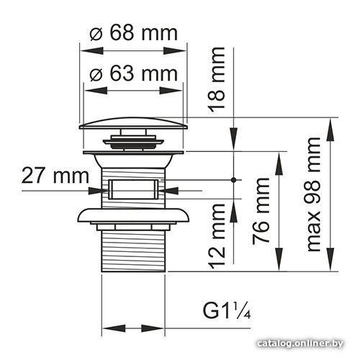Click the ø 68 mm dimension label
tap(134, 33)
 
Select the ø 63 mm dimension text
tap(134, 73)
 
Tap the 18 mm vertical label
tap(217, 80)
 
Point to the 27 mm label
tap(55, 176)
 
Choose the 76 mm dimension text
tap(261, 211)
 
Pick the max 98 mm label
tap(314, 194)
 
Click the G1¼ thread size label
tap(227, 310)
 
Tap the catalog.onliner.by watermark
tap(300, 343)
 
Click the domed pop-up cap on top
tap(133, 123)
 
